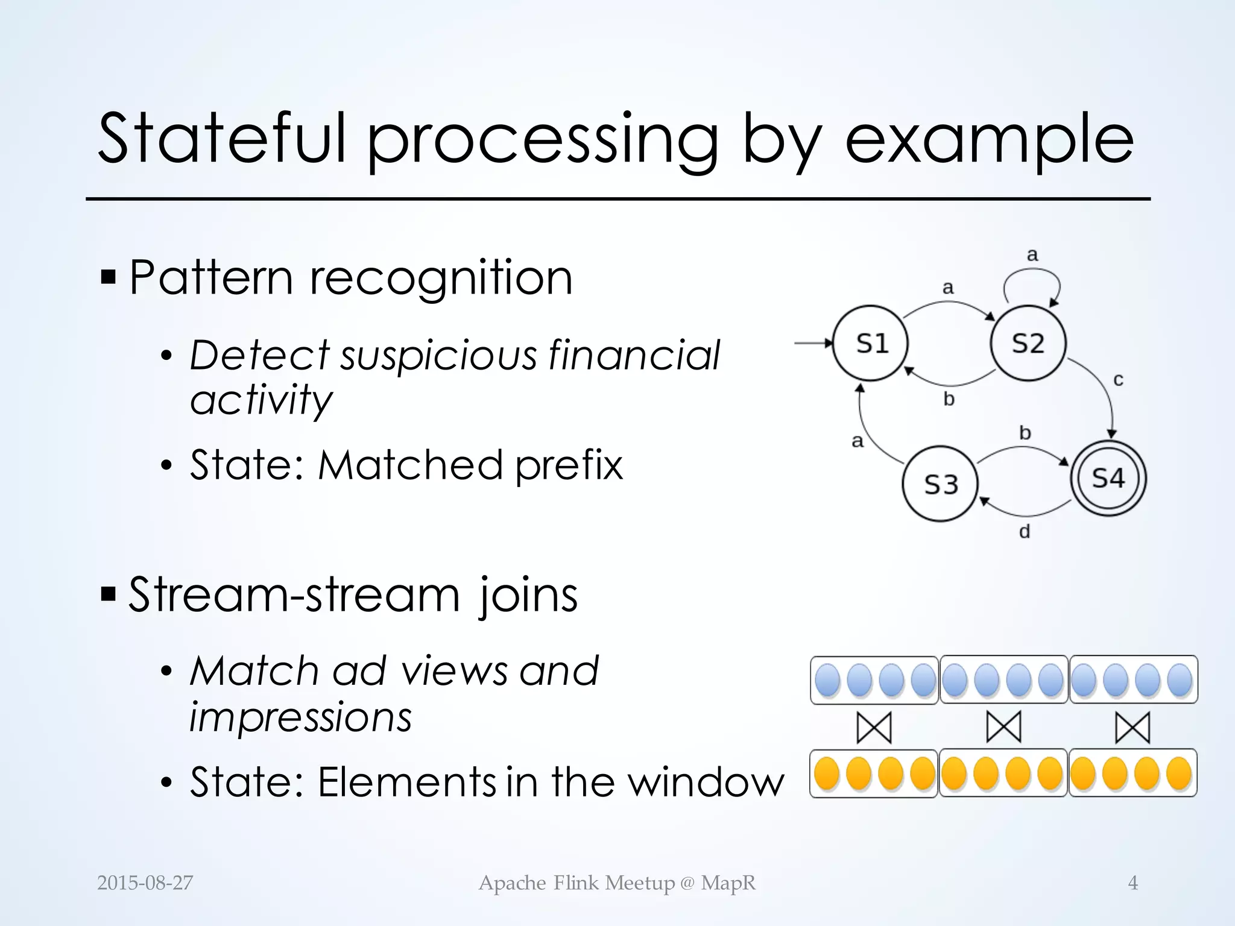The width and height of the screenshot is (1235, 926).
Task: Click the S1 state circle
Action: (x=870, y=344)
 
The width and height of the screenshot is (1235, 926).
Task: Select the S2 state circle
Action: (x=1028, y=344)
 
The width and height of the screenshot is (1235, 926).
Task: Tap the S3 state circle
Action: (x=940, y=484)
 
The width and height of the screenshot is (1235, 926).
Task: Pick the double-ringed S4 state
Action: (x=1108, y=479)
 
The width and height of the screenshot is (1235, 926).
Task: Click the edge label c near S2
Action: (x=1118, y=380)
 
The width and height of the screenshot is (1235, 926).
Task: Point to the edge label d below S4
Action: (x=1025, y=532)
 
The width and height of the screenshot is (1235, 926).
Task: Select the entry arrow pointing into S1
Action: (x=813, y=344)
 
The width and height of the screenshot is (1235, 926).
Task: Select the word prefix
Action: (x=569, y=465)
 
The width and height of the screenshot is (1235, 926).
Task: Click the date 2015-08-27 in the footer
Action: (x=145, y=883)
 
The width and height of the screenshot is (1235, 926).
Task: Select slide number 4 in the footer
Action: (x=1132, y=883)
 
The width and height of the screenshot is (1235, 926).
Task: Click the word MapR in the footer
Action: (x=728, y=883)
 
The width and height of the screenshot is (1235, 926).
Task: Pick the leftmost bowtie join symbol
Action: (x=874, y=727)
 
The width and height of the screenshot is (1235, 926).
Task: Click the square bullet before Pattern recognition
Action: (x=109, y=278)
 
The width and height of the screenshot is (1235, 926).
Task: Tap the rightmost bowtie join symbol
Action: (x=1132, y=727)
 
